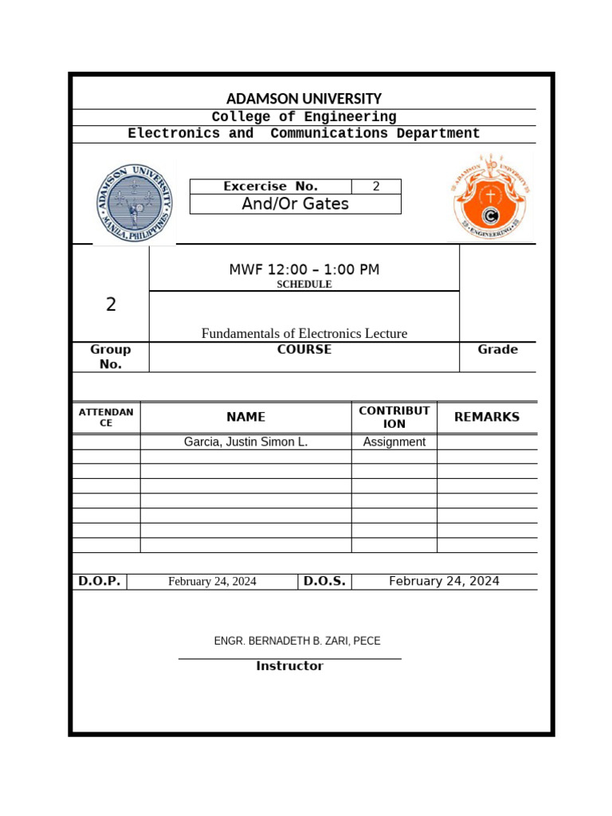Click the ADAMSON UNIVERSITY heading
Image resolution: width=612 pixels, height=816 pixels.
(x=304, y=99)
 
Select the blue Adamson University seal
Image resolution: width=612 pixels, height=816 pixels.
(x=135, y=201)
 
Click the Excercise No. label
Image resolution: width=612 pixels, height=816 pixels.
(x=270, y=186)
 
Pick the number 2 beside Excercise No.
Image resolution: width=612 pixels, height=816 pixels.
(x=376, y=186)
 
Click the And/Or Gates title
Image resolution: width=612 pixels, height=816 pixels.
(x=295, y=204)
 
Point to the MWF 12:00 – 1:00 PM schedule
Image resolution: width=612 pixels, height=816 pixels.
(x=304, y=269)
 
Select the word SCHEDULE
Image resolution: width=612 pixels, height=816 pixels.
(x=304, y=284)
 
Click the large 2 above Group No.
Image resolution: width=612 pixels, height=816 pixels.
(x=111, y=304)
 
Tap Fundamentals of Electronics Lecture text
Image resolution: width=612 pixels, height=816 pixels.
(x=304, y=333)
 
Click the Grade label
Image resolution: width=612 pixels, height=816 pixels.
(x=497, y=349)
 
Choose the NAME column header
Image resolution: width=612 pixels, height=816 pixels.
(x=245, y=417)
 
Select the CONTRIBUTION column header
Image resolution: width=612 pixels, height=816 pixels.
(x=394, y=417)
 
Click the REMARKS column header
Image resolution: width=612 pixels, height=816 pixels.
(x=486, y=417)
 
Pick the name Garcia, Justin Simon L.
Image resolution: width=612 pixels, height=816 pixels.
(x=245, y=441)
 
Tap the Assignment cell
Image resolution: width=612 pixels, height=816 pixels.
(x=394, y=441)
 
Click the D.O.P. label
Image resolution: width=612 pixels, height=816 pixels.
(x=99, y=581)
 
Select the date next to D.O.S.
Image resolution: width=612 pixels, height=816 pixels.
(x=444, y=581)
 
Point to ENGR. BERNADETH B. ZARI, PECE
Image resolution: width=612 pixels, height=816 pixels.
(x=291, y=641)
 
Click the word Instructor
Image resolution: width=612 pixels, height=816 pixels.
(x=289, y=666)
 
